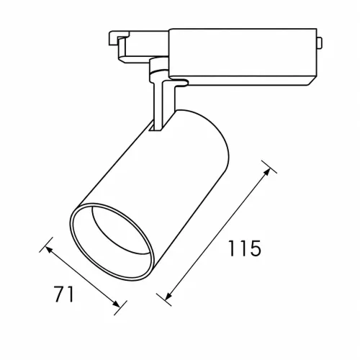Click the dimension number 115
point(244,248)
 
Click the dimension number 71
point(63,294)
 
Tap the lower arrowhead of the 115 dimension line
point(168,297)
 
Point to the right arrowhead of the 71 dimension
point(117,304)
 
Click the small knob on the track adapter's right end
point(320,43)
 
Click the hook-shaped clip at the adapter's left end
point(117,41)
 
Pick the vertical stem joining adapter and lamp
point(158,106)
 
